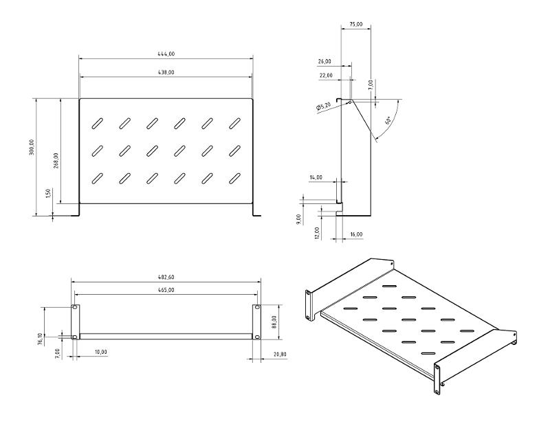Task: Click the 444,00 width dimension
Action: click(166, 54)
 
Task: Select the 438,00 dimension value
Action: click(166, 73)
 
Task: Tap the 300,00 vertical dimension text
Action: click(32, 147)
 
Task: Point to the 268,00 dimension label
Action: click(56, 161)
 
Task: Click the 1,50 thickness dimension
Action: click(48, 193)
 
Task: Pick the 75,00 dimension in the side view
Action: click(356, 24)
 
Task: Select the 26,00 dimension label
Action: click(324, 62)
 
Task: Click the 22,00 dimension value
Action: click(326, 75)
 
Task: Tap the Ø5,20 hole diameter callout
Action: click(323, 106)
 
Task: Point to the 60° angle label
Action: click(388, 121)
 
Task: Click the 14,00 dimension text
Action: click(316, 177)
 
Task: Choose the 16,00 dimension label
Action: click(356, 234)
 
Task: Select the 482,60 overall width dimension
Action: click(166, 278)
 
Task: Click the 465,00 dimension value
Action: click(166, 291)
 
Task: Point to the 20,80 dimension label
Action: click(280, 355)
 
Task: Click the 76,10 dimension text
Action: click(40, 339)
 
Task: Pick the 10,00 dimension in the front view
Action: click(100, 352)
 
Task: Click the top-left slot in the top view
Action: click(97, 124)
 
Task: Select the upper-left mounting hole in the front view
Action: click(75, 307)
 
